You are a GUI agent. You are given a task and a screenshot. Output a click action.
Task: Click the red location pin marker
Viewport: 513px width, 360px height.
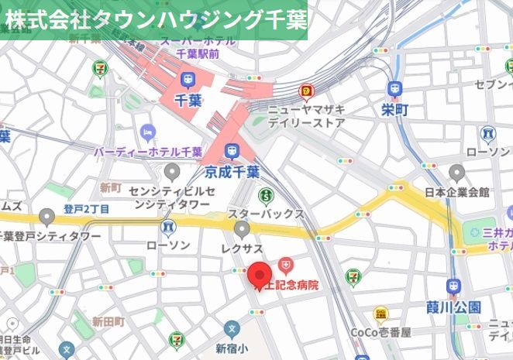[x=259, y=276]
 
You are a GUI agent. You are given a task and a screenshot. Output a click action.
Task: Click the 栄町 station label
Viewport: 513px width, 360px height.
[x=394, y=110]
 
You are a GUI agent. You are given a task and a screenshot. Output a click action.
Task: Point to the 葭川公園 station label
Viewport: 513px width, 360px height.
[x=454, y=307]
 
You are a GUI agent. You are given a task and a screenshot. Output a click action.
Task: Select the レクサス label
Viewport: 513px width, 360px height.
[x=243, y=245]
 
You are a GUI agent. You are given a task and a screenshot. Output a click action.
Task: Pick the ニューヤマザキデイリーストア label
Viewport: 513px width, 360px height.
[x=307, y=115]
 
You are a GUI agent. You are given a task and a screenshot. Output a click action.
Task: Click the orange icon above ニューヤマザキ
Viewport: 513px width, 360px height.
[x=307, y=91]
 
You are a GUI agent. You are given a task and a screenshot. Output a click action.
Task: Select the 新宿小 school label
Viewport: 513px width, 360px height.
[x=230, y=347]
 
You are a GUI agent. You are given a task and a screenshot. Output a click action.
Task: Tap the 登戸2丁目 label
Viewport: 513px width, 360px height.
[x=86, y=209]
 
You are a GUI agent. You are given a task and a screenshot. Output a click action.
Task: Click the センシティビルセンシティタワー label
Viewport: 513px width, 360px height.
[x=169, y=197]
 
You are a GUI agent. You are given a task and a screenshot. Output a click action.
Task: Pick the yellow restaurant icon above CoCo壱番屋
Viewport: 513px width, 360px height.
[x=380, y=314]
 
